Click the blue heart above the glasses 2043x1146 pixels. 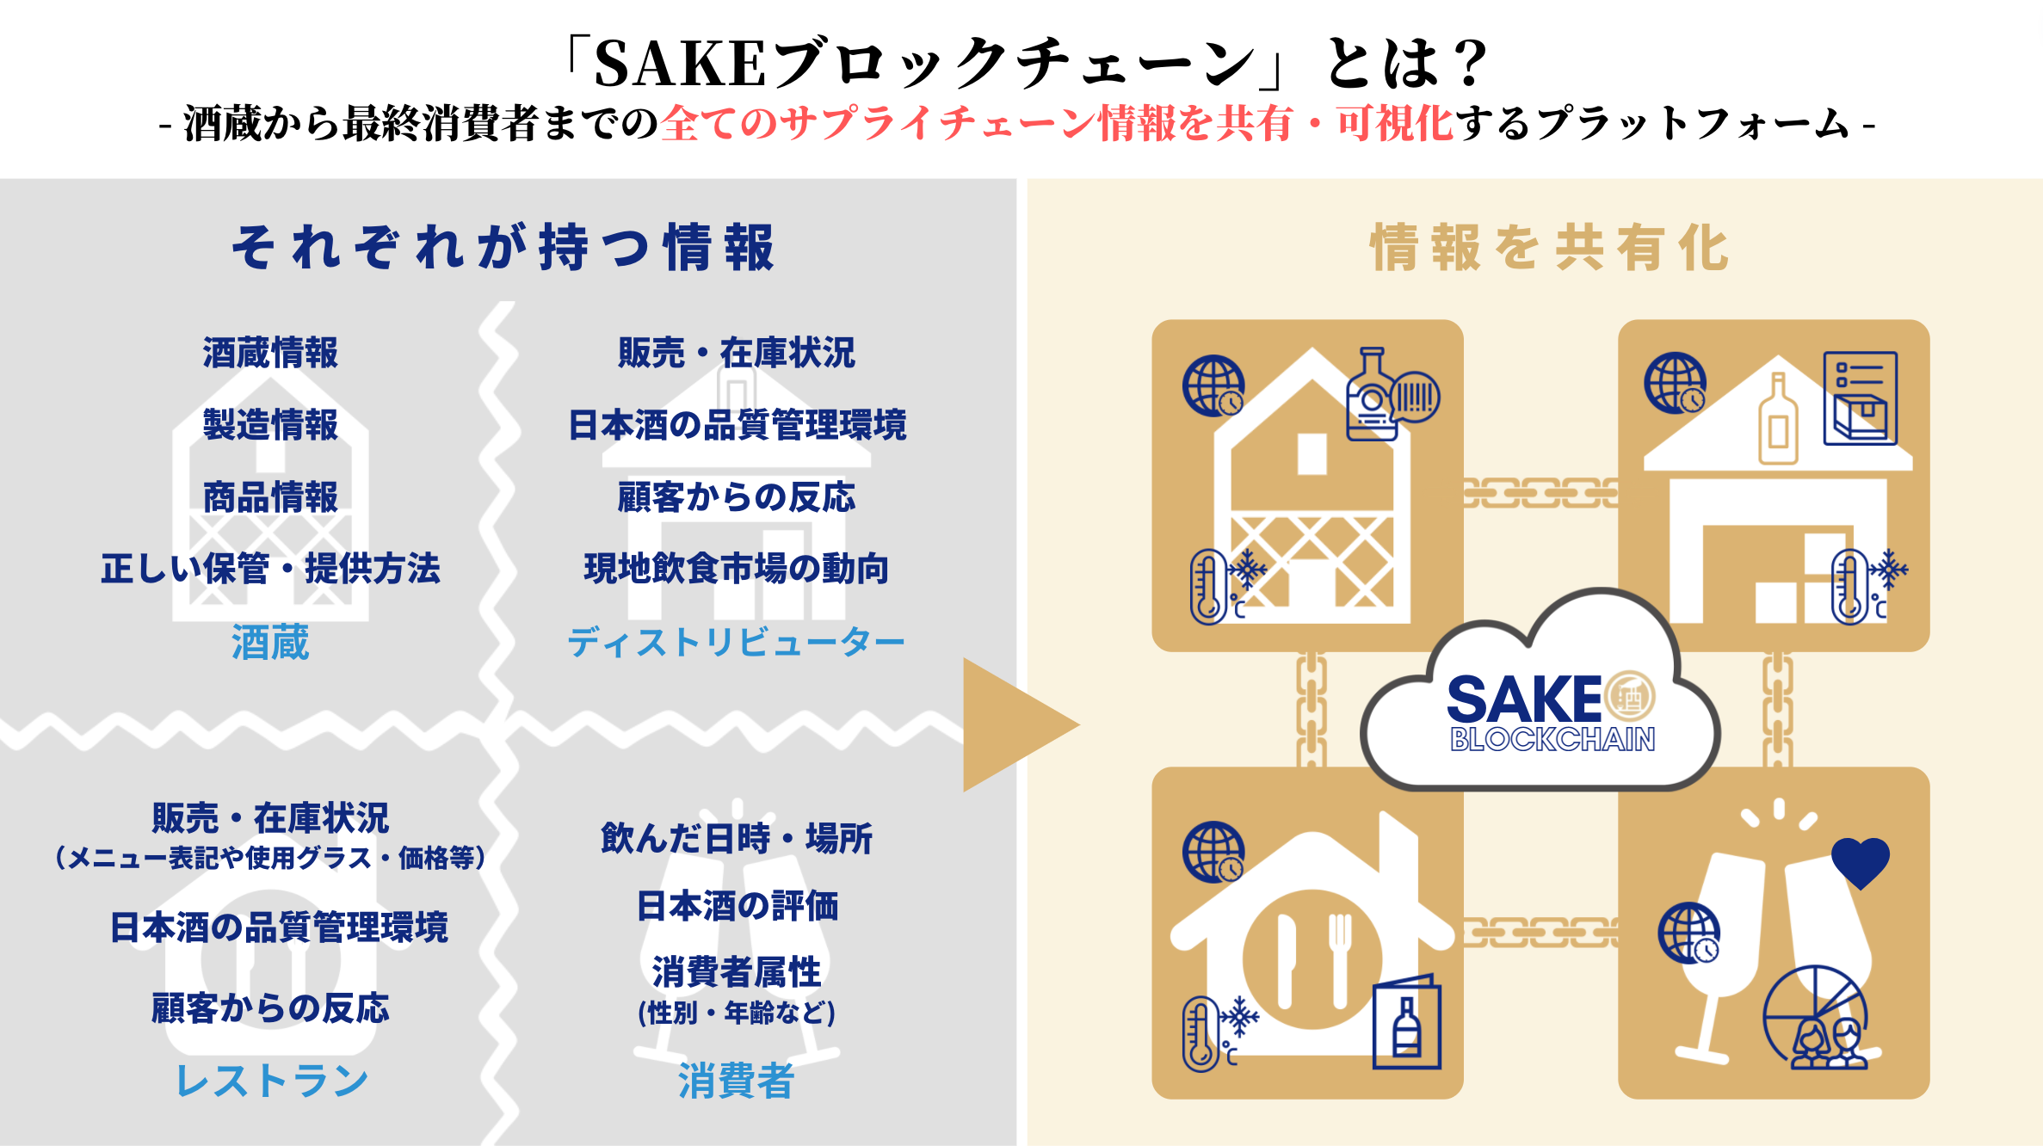(x=1860, y=863)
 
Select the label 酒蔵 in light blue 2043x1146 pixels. (x=270, y=643)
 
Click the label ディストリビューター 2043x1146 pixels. (x=736, y=643)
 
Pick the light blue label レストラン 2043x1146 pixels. (x=271, y=1081)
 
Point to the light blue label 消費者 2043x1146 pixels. (x=736, y=1081)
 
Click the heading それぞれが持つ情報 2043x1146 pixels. (x=503, y=248)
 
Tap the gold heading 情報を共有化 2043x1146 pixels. (x=1549, y=248)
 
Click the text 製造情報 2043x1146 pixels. (x=270, y=425)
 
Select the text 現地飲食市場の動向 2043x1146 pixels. (x=736, y=569)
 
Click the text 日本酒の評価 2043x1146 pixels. (x=737, y=906)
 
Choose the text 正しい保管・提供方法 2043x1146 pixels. (x=270, y=569)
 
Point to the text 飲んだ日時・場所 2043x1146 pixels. (x=736, y=838)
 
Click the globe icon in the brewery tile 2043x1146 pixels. (x=1213, y=385)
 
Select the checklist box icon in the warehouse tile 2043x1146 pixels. (x=1860, y=398)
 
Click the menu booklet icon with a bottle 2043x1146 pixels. (x=1406, y=1023)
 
